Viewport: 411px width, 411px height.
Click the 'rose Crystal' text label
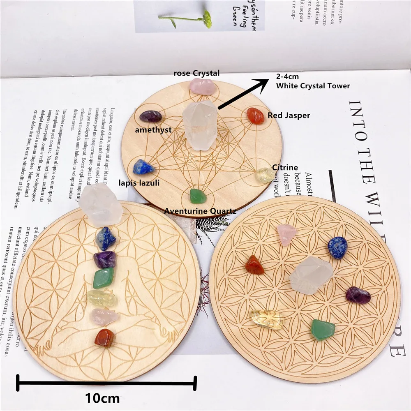pos(196,74)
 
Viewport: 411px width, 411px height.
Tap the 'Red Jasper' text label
pos(289,115)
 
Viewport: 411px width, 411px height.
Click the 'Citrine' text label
pos(285,167)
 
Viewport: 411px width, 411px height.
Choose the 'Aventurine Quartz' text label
pos(200,211)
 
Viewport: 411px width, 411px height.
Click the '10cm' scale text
pos(103,398)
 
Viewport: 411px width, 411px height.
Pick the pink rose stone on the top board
pos(202,86)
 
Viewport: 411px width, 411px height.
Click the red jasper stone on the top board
pos(256,116)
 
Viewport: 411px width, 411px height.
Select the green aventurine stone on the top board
pos(196,196)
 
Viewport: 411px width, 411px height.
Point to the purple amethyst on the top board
pos(150,117)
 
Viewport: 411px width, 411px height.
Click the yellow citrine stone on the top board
pos(265,175)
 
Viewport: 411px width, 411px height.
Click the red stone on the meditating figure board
pos(105,337)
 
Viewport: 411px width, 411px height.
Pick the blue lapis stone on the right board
pos(337,248)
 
